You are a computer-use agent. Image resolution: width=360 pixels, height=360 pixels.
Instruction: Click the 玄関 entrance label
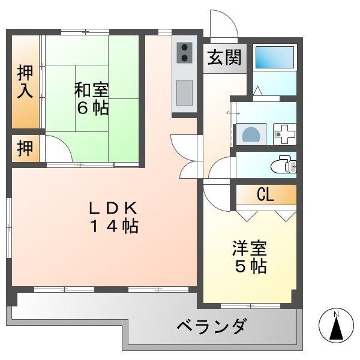[x=225, y=58]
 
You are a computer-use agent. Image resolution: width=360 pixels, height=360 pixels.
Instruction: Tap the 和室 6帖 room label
[x=92, y=99]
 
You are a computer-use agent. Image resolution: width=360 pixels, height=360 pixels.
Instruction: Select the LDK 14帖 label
[x=114, y=217]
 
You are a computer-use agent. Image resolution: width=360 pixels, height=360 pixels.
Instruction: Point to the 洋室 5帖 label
[x=250, y=257]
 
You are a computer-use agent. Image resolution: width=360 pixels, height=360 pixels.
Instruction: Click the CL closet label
[x=265, y=194]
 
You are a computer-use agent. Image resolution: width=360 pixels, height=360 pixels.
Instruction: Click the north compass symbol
[x=336, y=327]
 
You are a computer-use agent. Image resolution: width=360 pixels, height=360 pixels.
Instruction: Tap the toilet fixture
[x=281, y=164]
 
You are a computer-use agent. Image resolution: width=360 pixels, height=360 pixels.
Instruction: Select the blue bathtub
[x=274, y=58]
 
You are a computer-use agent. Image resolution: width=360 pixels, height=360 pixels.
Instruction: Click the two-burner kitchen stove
[x=185, y=53]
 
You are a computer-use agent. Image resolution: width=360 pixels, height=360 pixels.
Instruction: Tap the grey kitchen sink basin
[x=185, y=92]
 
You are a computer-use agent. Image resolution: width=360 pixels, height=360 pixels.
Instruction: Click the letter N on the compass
[x=336, y=314]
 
